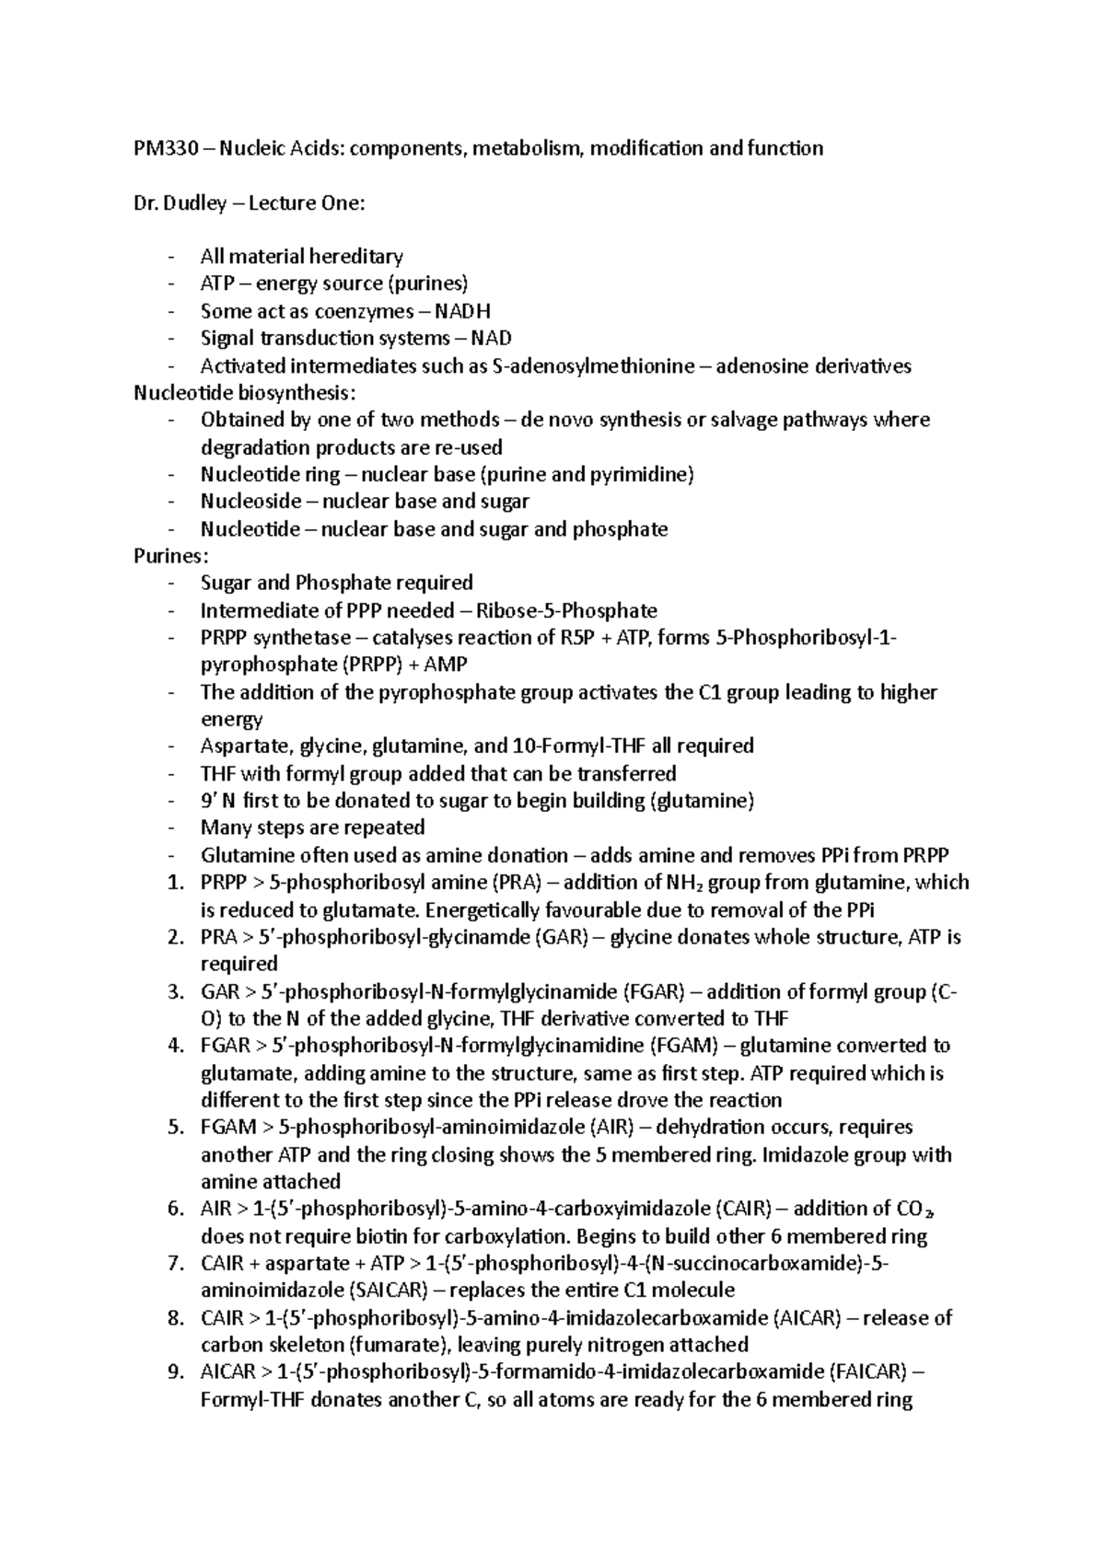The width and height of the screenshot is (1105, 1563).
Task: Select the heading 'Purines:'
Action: tap(171, 556)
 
